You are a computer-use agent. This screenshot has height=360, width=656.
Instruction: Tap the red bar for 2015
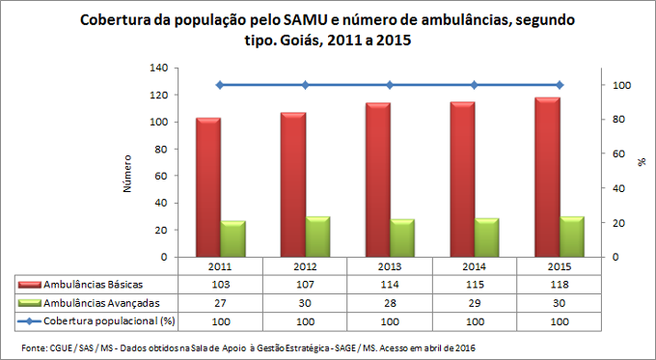[548, 178]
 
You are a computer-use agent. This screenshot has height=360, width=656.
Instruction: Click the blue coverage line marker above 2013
[391, 85]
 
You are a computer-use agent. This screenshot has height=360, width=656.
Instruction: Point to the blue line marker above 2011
[220, 85]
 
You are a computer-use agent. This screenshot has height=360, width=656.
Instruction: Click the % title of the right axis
[642, 162]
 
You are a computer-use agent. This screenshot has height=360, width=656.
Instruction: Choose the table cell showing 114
[390, 286]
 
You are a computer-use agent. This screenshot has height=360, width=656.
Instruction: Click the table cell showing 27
[220, 302]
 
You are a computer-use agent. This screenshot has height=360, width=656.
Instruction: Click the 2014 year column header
[475, 267]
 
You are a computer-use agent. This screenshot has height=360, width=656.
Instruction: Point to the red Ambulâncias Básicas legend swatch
[32, 286]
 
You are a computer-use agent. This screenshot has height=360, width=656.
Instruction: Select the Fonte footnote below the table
[248, 346]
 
